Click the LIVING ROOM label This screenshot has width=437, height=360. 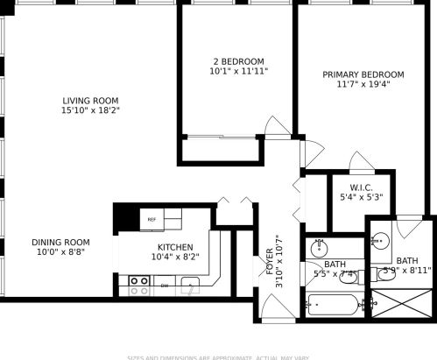click(x=90, y=100)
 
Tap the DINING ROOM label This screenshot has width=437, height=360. click(x=60, y=242)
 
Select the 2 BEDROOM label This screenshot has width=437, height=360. click(x=237, y=61)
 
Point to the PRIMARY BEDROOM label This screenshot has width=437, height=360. click(x=363, y=74)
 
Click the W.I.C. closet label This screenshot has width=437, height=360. click(x=362, y=187)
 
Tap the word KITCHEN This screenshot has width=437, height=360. click(x=175, y=247)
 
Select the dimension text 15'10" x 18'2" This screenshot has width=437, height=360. click(x=90, y=111)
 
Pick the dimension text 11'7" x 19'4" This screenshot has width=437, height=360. click(x=363, y=85)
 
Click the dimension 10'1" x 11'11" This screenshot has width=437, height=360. click(x=237, y=72)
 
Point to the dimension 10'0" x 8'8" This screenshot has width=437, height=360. click(x=60, y=252)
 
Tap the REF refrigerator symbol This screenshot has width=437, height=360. click(x=152, y=219)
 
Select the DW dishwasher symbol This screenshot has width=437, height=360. click(x=165, y=286)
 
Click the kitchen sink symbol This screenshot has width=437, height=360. click(x=190, y=282)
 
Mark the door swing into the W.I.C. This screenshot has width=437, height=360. click(x=360, y=162)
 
